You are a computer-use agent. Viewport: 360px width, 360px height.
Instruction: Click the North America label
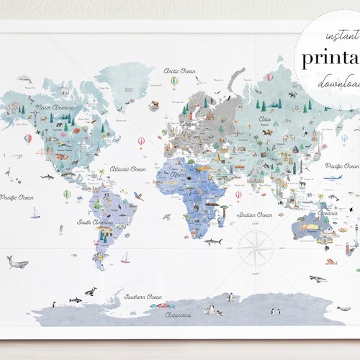(x=55, y=108)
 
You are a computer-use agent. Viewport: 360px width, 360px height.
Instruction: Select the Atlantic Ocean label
(x=127, y=169)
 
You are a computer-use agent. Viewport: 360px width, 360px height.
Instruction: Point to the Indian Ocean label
(x=255, y=215)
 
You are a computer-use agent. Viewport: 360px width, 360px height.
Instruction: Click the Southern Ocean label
(x=143, y=296)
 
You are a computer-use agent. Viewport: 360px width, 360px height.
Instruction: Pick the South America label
(x=95, y=222)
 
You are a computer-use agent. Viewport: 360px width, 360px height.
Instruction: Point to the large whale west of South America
(x=17, y=261)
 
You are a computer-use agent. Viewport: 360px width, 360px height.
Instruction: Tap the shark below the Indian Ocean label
(x=213, y=242)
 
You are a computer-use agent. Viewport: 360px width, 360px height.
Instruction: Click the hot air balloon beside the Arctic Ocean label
(x=174, y=83)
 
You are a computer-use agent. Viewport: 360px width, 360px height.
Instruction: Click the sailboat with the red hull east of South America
(x=126, y=257)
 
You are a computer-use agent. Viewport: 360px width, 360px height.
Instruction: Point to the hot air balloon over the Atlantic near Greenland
(x=141, y=141)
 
